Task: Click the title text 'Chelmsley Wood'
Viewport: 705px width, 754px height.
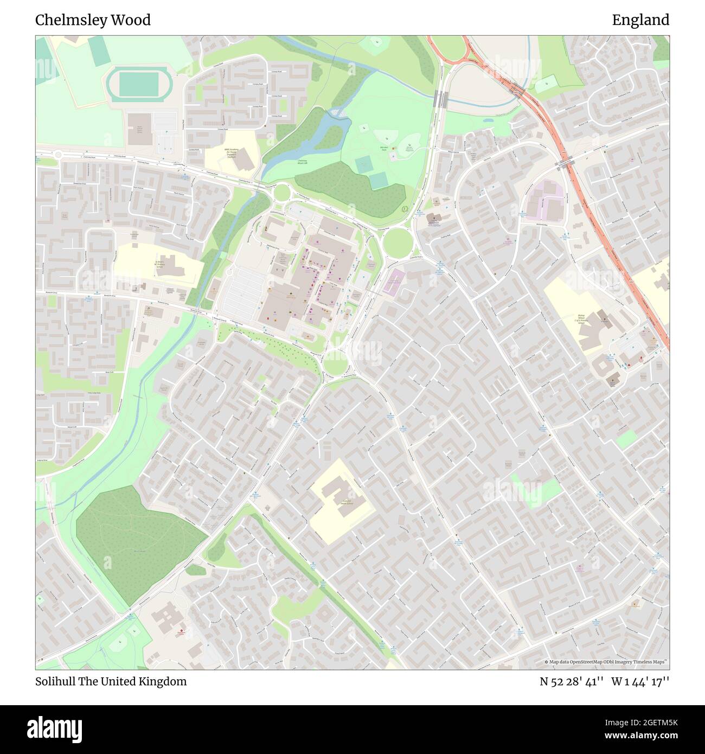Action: click(93, 20)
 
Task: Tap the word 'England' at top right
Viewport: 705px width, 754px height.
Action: click(640, 20)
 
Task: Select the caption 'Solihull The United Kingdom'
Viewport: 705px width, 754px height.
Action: click(111, 681)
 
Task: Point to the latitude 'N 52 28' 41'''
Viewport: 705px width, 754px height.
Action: click(572, 681)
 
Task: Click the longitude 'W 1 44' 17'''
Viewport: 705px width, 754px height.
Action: click(640, 681)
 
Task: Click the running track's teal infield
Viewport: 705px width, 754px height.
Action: click(139, 84)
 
